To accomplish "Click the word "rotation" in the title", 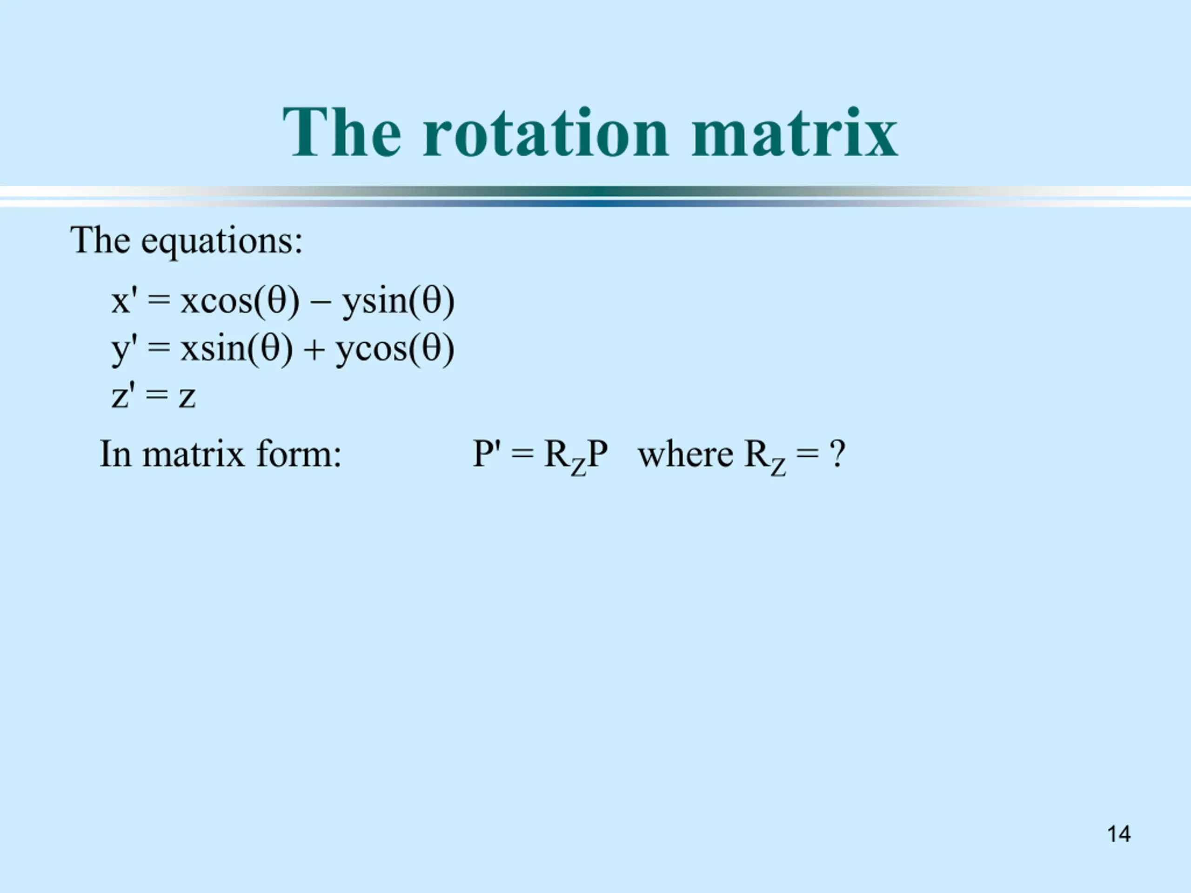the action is click(545, 133).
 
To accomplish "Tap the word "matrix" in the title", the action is click(794, 133).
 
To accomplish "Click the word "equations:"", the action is click(222, 242).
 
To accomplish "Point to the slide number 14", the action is click(1119, 834).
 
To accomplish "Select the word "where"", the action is click(685, 454).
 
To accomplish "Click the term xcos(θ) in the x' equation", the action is click(240, 301).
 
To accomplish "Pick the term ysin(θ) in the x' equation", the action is click(398, 301).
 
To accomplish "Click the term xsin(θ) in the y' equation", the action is click(236, 349).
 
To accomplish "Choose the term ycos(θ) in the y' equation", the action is click(395, 349).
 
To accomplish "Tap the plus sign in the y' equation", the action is click(314, 350).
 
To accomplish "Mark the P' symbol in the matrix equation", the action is click(487, 454).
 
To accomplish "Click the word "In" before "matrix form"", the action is click(116, 454).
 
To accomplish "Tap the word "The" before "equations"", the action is click(100, 240).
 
